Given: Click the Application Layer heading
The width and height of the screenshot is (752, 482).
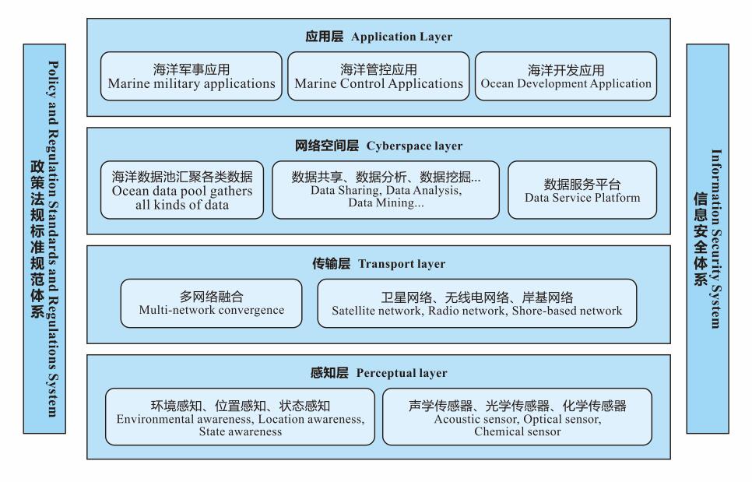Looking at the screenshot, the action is coord(378,37).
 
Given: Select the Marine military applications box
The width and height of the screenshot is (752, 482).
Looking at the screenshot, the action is coord(192,76).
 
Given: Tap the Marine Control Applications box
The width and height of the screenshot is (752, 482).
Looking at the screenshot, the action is coord(378,76).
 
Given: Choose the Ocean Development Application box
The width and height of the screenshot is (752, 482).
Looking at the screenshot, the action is coord(566,76).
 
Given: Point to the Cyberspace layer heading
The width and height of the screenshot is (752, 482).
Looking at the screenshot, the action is coord(378,146).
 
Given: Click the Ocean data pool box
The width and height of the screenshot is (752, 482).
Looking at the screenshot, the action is coord(181,190).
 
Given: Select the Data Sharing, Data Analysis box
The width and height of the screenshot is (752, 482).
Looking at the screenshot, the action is coord(385,190).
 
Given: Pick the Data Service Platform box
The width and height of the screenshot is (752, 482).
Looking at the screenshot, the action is coord(582,190).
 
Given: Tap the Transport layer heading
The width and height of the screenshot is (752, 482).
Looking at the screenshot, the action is coord(378,264).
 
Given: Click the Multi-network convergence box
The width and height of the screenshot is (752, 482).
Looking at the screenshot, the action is coord(212,304).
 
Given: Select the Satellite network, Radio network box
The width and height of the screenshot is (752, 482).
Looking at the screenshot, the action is coord(477,304).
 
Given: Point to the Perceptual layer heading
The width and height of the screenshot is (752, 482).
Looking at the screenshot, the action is coord(378,373).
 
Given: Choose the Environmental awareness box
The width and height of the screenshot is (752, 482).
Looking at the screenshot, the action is coord(241,417).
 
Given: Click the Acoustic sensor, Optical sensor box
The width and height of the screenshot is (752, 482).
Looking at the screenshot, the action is coord(518,417).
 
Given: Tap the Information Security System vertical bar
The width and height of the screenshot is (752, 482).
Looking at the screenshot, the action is coord(708,239).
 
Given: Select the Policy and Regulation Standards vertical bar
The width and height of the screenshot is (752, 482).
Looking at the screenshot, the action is coord(44,239).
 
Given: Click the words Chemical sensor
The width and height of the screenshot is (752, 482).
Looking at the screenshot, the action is coord(518,431).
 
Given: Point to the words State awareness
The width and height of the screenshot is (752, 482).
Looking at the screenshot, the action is coord(241,431).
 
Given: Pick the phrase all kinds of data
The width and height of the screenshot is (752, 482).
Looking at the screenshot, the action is coord(181,206).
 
